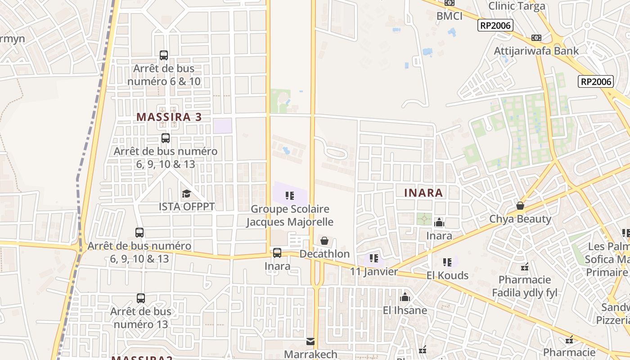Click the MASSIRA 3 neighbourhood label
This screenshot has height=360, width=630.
[x=169, y=117]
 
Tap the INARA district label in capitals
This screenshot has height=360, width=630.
[x=423, y=193]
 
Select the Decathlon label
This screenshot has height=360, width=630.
[x=324, y=254]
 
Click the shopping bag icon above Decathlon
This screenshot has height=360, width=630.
[x=324, y=241]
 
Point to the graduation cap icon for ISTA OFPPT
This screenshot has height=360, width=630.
[x=186, y=194]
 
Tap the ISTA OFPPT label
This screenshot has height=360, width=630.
[x=187, y=207]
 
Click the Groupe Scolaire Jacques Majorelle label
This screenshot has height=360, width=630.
[x=290, y=216]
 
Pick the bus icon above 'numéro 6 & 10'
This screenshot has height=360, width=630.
[x=164, y=55]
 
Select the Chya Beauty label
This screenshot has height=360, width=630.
[x=520, y=219]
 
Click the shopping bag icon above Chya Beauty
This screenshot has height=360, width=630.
[x=520, y=206]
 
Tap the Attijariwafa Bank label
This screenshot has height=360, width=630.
[x=536, y=51]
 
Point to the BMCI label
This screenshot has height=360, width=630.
[x=449, y=16]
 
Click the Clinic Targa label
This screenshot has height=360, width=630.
[x=517, y=6]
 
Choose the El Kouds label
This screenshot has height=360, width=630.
[x=447, y=275]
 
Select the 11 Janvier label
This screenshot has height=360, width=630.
[x=374, y=271]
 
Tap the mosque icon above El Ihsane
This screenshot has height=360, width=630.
[x=405, y=297]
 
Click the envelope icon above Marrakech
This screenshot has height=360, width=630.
[x=310, y=342]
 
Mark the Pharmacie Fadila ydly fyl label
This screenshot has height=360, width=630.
[x=525, y=286]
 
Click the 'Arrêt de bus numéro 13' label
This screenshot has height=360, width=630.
[x=140, y=318]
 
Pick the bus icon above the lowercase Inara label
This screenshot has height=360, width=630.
[x=277, y=253]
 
